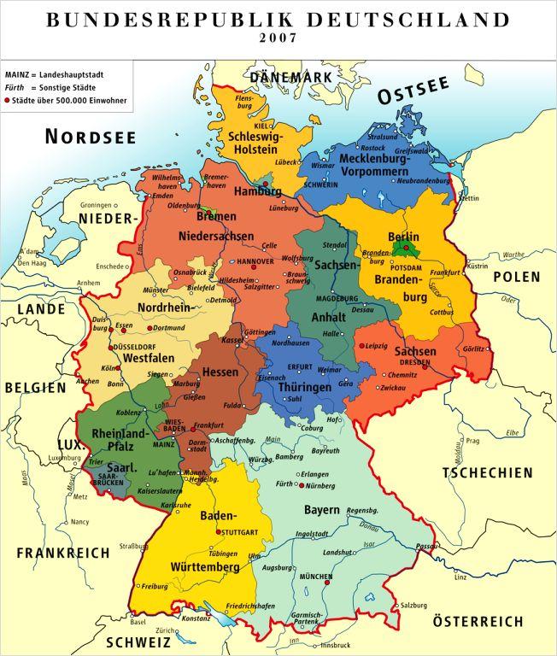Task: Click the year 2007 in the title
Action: point(278,38)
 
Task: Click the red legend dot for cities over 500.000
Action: point(9,100)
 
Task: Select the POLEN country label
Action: point(516,277)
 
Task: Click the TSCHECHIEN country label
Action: point(487,472)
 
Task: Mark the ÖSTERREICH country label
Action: point(477,621)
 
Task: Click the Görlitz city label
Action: point(475,350)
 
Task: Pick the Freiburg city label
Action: point(155,586)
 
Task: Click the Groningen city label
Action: point(96,206)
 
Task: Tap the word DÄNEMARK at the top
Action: point(290,77)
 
